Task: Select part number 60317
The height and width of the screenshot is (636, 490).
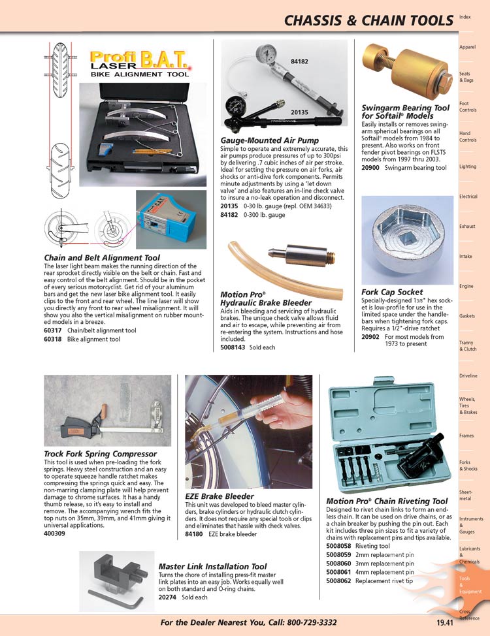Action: point(54,330)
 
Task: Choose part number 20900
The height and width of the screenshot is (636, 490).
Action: point(372,168)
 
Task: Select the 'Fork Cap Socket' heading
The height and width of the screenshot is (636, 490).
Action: point(392,292)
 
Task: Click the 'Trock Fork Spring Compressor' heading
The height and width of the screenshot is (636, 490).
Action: point(100,454)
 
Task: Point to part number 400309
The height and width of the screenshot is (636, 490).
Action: point(55,533)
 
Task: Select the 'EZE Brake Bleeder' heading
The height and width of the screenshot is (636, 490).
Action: point(219,496)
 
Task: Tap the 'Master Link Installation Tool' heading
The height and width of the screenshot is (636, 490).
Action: point(212,566)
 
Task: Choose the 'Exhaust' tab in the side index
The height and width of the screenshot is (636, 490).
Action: point(468,227)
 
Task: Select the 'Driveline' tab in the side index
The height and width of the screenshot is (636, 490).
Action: point(468,376)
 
